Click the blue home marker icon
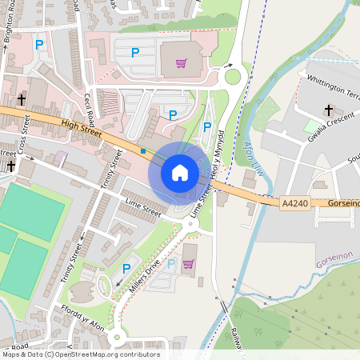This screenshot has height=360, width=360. pyautogui.click(x=180, y=173)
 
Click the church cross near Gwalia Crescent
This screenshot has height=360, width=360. pyautogui.click(x=328, y=110)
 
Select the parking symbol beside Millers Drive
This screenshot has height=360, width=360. pyautogui.click(x=126, y=268)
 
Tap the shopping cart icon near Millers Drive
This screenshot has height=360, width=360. pyautogui.click(x=190, y=262)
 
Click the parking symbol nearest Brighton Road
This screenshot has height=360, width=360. pyautogui.click(x=38, y=46)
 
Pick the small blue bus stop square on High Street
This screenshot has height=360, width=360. pyautogui.click(x=143, y=150)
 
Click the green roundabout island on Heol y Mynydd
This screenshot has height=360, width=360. pyautogui.click(x=233, y=78)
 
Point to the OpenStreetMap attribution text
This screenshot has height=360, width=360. pyautogui.click(x=80, y=354)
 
